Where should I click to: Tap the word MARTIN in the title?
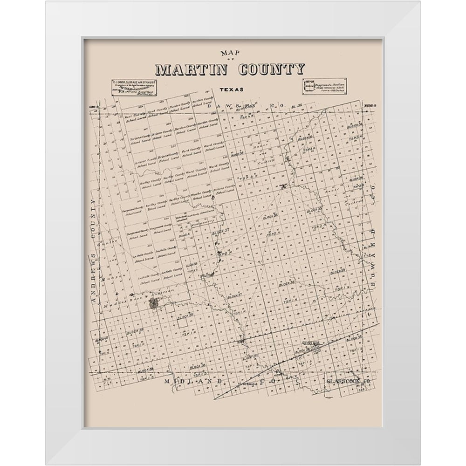tap(191, 70)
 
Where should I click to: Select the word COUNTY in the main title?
tap(271, 70)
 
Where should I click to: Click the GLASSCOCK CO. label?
tap(348, 382)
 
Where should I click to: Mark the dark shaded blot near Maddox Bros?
tap(153, 303)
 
